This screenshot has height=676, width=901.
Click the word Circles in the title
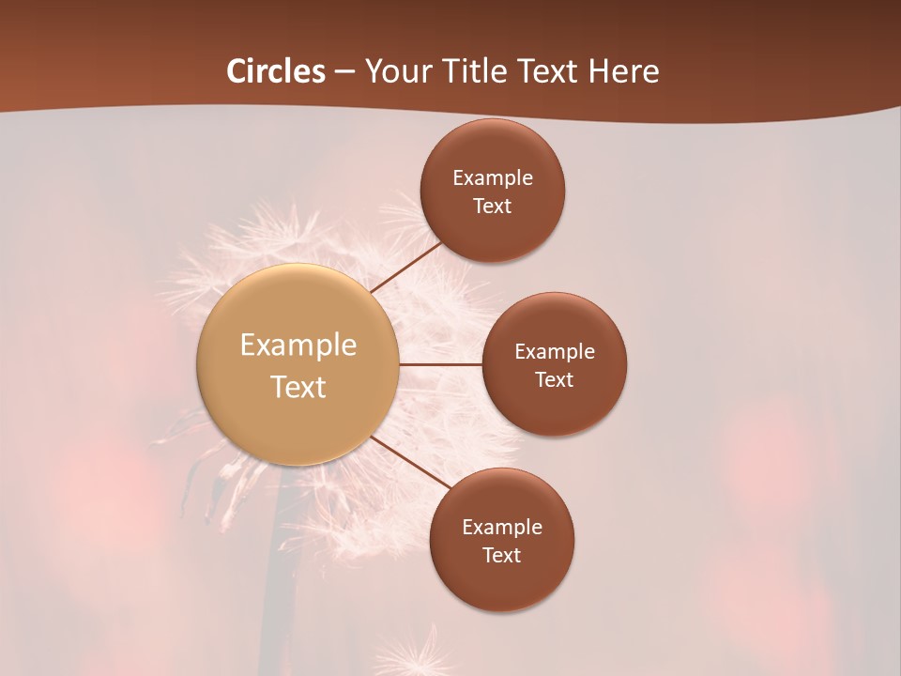(276, 71)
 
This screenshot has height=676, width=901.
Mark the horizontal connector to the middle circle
(441, 364)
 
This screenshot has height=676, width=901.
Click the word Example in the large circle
(298, 346)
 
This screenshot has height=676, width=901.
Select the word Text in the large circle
(298, 387)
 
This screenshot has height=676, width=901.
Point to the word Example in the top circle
(493, 177)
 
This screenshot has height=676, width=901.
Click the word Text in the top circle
(493, 206)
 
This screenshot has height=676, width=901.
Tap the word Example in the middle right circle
(555, 351)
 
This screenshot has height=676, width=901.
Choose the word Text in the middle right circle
(555, 379)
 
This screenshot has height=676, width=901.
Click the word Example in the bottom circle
(502, 527)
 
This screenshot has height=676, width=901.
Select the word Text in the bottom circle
(502, 555)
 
